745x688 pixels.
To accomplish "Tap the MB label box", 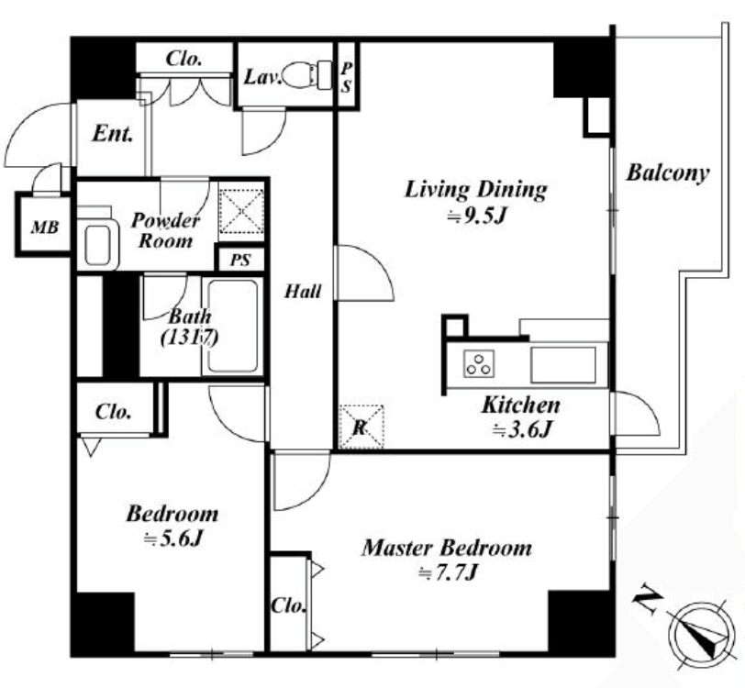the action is pos(43,224).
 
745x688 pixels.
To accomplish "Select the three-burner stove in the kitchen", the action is pos(478,363).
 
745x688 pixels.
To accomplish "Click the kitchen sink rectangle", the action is pos(563,364).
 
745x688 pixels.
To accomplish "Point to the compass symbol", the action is pos(697,630).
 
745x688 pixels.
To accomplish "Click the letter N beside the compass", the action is pos(647,596).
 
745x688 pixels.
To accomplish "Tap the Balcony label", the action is pos(668,173).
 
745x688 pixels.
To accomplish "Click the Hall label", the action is pos(302,291).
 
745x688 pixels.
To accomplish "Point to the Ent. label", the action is pos(112,134).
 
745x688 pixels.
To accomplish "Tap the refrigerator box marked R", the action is pos(362,427).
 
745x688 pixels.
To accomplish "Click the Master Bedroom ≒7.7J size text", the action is pos(447,573).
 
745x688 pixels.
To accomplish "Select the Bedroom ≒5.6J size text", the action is pos(172,539).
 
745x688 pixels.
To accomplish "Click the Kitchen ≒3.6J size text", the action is pos(521,430).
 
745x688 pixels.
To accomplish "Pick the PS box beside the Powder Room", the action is pos(240,260).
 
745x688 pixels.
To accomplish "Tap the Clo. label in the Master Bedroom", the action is pos(288,606).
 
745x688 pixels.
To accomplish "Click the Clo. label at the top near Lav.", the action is pos(183,59).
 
